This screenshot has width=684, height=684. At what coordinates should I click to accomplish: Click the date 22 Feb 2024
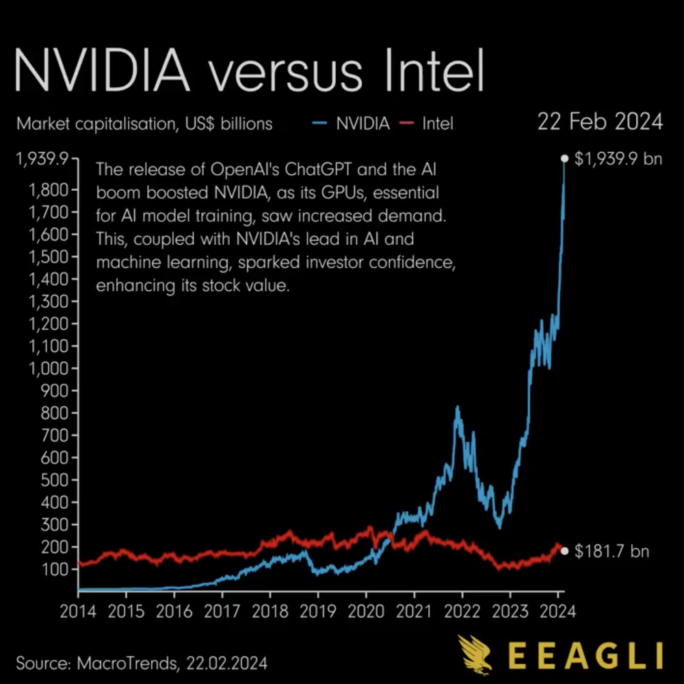[x=599, y=122]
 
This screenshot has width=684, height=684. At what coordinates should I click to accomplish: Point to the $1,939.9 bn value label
[x=618, y=159]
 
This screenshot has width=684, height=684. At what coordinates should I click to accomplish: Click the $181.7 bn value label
[x=611, y=551]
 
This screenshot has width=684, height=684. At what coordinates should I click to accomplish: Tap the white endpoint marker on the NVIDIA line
[x=564, y=159]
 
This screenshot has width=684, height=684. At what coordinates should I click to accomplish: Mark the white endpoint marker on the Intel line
[x=564, y=551]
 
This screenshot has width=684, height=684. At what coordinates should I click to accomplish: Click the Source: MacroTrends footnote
[x=141, y=663]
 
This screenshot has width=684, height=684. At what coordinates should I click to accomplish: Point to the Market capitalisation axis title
[x=144, y=124]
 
